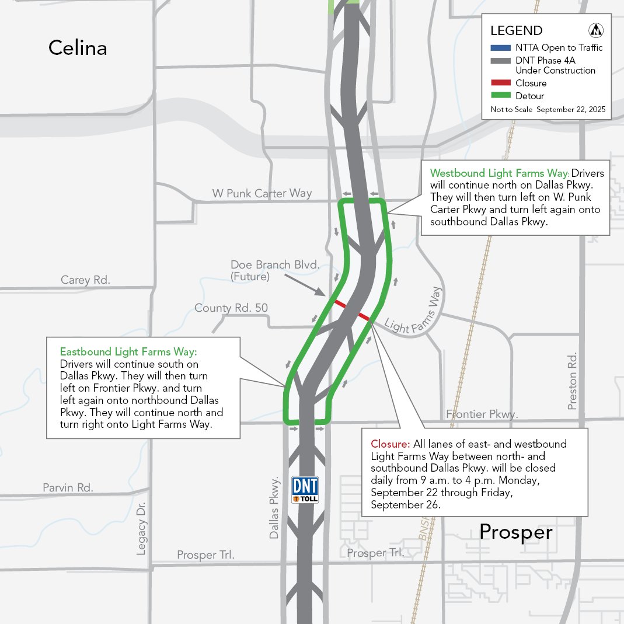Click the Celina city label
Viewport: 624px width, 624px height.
point(78,48)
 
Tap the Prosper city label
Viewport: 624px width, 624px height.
point(515,532)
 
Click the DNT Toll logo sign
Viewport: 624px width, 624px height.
point(305,490)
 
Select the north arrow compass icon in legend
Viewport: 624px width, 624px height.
point(597,30)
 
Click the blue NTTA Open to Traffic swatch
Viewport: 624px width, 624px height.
point(500,48)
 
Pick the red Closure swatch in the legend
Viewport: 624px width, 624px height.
point(500,83)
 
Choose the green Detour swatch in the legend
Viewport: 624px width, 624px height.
point(500,96)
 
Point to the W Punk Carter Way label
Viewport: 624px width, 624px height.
point(262,193)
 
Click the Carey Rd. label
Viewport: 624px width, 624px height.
point(85,280)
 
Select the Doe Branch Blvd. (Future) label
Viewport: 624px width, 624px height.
point(274,271)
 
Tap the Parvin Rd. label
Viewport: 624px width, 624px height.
point(68,487)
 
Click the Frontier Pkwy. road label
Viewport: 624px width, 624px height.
point(482,414)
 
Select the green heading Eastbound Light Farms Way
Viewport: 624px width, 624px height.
point(128,352)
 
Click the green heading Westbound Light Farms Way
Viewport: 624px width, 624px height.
point(499,173)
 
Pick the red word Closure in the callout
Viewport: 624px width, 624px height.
point(390,444)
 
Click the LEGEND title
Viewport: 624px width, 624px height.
point(516,31)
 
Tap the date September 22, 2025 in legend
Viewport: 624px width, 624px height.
point(570,110)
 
